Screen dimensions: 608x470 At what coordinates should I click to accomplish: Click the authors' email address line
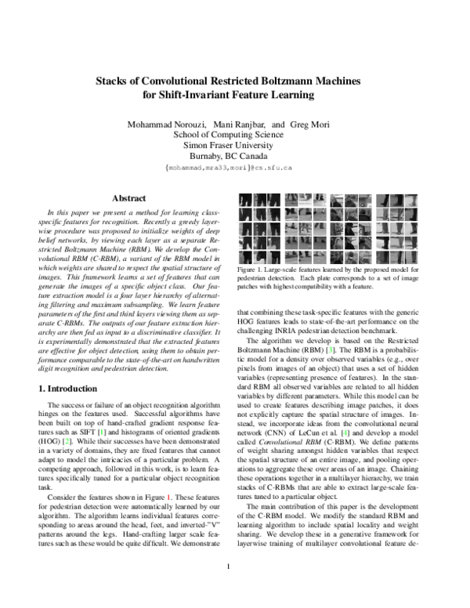pyautogui.click(x=229, y=167)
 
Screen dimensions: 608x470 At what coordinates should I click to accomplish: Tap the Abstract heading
pyautogui.click(x=130, y=199)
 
